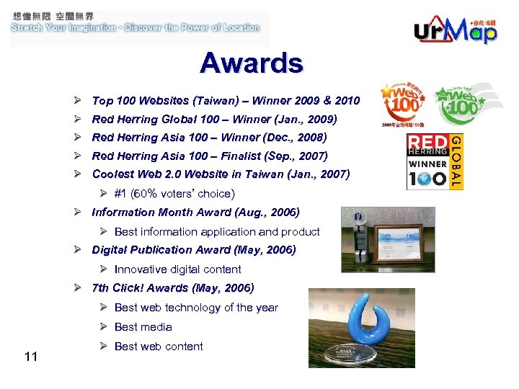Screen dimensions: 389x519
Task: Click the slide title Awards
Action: click(x=252, y=63)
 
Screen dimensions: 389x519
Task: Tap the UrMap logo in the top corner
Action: click(x=456, y=30)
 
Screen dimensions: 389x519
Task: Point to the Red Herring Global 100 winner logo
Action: click(x=434, y=161)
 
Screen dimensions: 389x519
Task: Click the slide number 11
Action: click(x=30, y=356)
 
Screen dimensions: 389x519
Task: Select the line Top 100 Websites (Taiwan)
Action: click(x=226, y=101)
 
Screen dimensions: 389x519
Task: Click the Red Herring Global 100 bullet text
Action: click(x=214, y=119)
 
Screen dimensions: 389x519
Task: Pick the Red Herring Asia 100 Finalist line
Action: click(x=210, y=156)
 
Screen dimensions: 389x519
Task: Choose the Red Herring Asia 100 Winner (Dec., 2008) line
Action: click(x=209, y=138)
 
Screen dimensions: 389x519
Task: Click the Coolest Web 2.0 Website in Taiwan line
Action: click(x=221, y=174)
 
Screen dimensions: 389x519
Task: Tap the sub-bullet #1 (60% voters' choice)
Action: click(x=174, y=194)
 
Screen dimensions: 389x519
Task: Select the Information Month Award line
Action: click(x=195, y=213)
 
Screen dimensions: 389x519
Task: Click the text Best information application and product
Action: click(x=216, y=232)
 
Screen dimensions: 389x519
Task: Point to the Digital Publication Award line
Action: click(x=193, y=250)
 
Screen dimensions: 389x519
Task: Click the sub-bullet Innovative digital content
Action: click(x=177, y=269)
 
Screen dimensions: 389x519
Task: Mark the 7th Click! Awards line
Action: click(x=172, y=288)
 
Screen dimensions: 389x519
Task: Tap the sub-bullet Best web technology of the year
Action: click(x=195, y=308)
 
